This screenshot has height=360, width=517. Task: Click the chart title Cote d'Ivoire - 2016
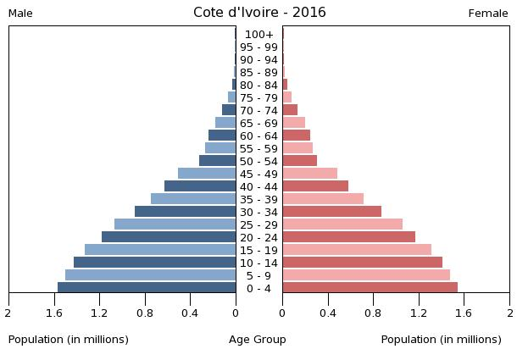[x=259, y=13]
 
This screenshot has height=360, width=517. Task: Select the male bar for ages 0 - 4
[x=147, y=288]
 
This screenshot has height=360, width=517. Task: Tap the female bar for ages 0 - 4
[x=370, y=288]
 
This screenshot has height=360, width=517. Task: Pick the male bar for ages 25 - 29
[x=175, y=224]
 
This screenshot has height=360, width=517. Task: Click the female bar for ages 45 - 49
[x=309, y=174]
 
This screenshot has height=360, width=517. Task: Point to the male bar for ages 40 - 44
[x=200, y=186]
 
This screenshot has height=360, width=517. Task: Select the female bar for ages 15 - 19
[x=357, y=250]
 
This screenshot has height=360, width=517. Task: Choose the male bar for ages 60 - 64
[x=222, y=136]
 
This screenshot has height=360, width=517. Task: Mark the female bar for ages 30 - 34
[x=331, y=212]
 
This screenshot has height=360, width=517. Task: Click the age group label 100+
[x=259, y=35]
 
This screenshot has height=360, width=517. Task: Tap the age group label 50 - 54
[x=259, y=162]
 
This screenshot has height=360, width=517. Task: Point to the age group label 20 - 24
[x=259, y=238]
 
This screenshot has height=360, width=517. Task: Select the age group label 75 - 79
[x=259, y=98]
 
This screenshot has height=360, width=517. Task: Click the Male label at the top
[x=20, y=14]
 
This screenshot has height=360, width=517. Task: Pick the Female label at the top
[x=488, y=14]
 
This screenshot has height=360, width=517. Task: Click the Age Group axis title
[x=258, y=340]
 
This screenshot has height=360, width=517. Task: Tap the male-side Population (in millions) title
[x=69, y=340]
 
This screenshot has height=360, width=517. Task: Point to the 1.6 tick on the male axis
[x=54, y=313]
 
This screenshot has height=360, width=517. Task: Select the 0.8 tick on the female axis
[x=373, y=313]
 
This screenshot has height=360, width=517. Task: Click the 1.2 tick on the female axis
[x=419, y=313]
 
